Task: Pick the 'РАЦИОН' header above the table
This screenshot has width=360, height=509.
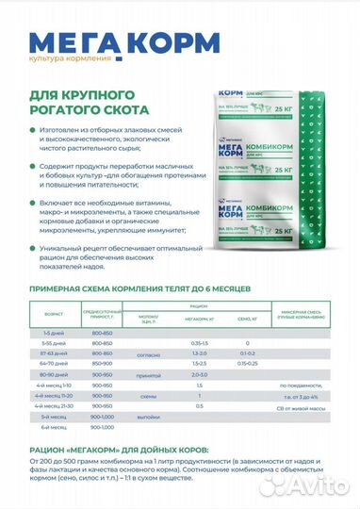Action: [199, 306]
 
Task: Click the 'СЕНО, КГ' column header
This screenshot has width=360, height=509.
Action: [240, 320]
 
